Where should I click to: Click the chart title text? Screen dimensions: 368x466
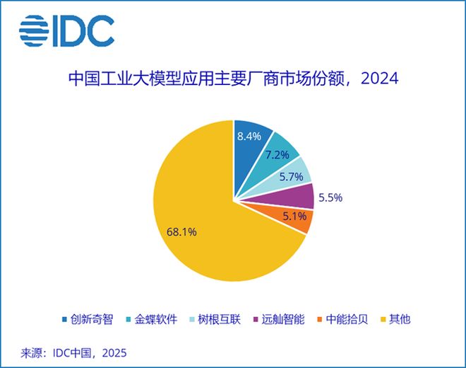(233, 78)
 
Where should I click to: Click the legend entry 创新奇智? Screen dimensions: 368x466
(88, 319)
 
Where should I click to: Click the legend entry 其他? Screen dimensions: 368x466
(395, 319)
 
